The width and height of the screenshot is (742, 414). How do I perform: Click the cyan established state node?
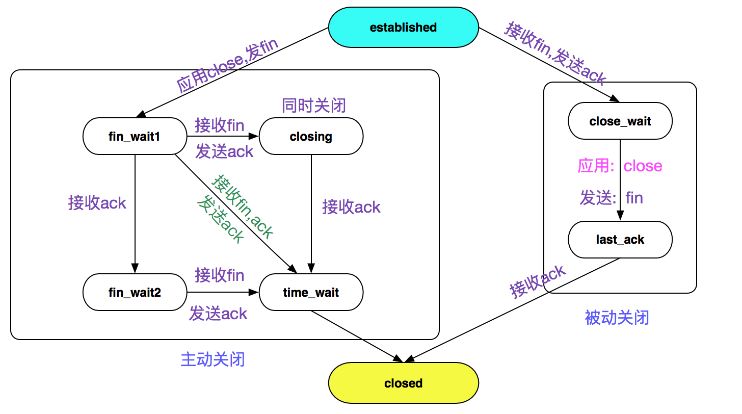click(x=404, y=27)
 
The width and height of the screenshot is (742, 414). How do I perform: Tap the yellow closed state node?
click(x=404, y=383)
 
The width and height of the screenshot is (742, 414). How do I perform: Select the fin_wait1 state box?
click(x=135, y=136)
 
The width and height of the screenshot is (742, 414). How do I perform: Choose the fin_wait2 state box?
click(x=135, y=292)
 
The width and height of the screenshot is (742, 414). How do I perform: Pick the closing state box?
click(x=311, y=136)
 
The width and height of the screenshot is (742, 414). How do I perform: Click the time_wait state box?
click(x=311, y=292)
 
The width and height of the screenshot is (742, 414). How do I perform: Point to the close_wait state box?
click(x=620, y=121)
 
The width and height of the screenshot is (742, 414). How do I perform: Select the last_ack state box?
click(x=620, y=239)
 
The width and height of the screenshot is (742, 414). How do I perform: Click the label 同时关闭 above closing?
click(x=314, y=106)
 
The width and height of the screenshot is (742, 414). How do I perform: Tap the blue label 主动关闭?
click(x=213, y=359)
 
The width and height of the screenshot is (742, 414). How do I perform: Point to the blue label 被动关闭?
click(x=617, y=317)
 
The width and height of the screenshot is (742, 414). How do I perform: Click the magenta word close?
click(x=643, y=166)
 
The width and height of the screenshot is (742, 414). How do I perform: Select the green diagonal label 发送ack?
click(x=221, y=219)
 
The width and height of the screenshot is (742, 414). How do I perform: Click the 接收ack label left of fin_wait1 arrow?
click(x=97, y=202)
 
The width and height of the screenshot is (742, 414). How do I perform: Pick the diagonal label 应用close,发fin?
click(x=227, y=65)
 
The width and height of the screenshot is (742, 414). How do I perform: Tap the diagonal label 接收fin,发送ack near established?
click(x=555, y=53)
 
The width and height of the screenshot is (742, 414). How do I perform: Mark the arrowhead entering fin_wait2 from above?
click(x=135, y=268)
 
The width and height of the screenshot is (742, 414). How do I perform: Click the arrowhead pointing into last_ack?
click(x=620, y=216)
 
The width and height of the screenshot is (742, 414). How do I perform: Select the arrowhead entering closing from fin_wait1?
click(x=254, y=136)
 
